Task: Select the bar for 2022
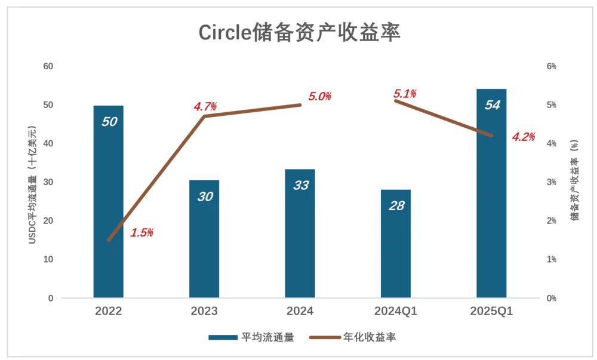pos(109,203)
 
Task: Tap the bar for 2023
pos(204,239)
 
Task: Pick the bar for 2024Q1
pos(395,245)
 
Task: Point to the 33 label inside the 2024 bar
pos(300,185)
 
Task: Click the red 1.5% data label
pos(141,233)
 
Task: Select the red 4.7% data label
pos(205,107)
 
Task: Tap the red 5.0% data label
pos(319,96)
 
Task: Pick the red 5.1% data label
pos(405,94)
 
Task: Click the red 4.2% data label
pos(523,137)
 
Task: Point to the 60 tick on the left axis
pos(48,66)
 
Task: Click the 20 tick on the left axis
pos(48,221)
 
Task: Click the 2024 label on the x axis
pos(300,311)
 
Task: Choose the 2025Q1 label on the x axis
pos(491,311)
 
